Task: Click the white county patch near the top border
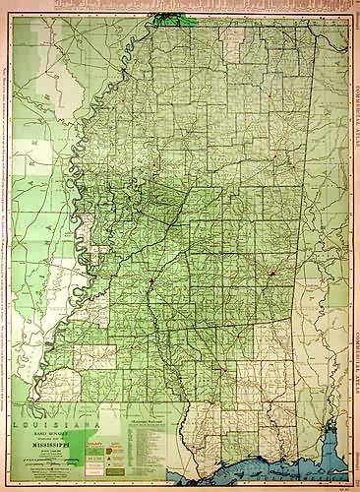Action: pos(232,44)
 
